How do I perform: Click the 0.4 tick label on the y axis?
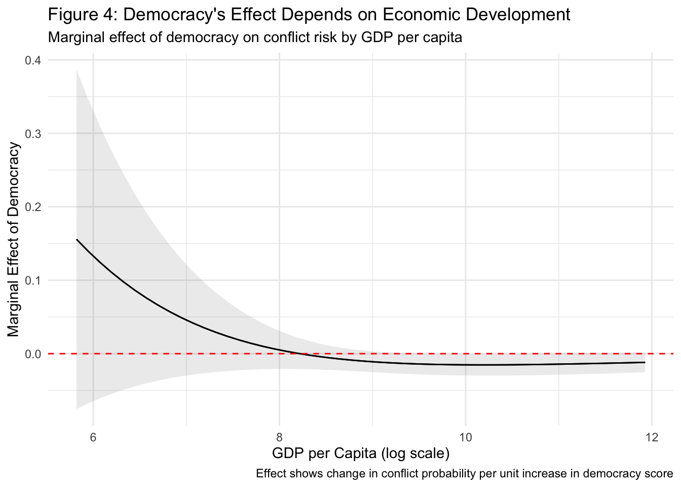point(33,60)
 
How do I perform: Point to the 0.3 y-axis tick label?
point(33,133)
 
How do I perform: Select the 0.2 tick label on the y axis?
point(33,207)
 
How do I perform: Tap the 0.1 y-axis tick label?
point(33,280)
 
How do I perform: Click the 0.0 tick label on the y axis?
point(33,354)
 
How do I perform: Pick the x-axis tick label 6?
point(93,437)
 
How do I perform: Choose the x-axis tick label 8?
point(279,437)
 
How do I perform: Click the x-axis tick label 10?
point(465,437)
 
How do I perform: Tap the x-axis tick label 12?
point(652,437)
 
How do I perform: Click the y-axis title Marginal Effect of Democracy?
point(14,239)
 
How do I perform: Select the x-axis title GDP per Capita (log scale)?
point(361,453)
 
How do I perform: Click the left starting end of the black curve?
point(77,239)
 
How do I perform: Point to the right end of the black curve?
point(645,362)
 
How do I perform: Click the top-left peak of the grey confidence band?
point(77,71)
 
